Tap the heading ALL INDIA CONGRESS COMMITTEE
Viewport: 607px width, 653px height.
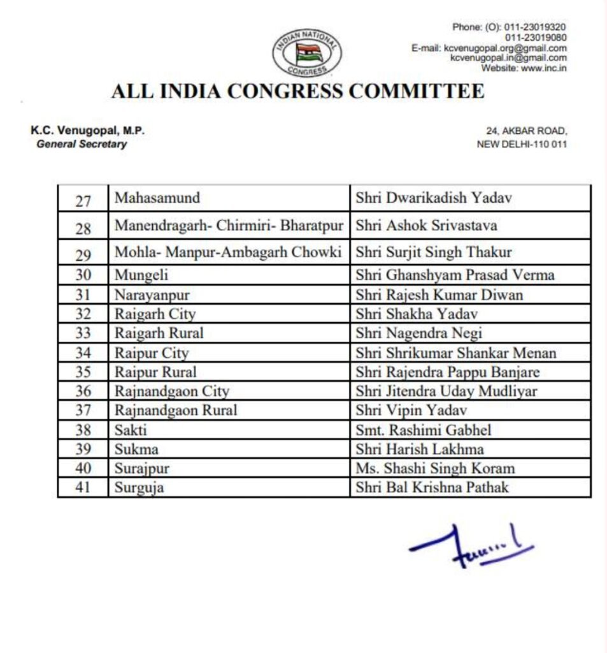point(297,91)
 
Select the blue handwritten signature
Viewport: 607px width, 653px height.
point(471,546)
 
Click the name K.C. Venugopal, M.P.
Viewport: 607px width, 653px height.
point(88,131)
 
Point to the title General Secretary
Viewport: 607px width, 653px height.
point(82,144)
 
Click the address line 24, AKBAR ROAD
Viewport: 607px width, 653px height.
point(526,131)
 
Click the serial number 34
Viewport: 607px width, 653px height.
point(83,353)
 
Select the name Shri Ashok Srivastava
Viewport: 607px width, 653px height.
point(427,226)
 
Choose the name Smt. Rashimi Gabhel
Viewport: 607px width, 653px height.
point(424,430)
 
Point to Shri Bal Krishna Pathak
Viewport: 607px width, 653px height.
point(432,488)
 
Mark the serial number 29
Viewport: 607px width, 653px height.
point(83,254)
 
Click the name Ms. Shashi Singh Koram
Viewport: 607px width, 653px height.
point(435,469)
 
